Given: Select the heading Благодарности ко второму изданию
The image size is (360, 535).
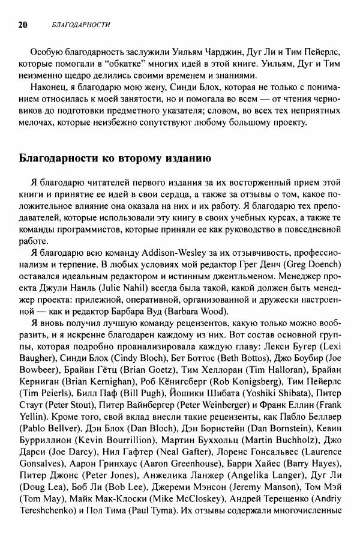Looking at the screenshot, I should pos(114,159).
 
